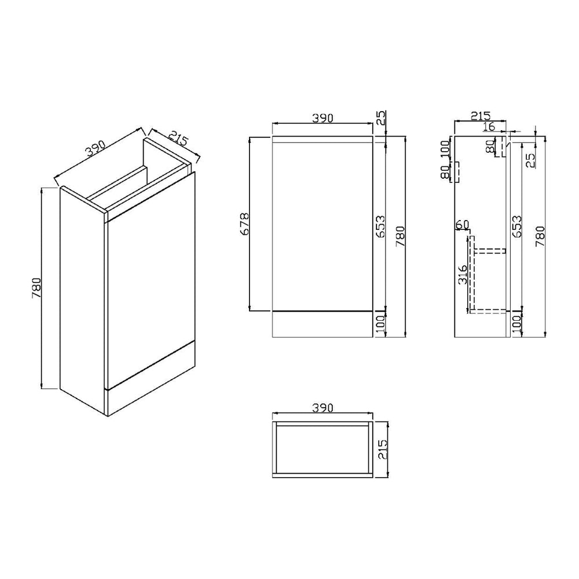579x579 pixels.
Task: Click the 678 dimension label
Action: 245,223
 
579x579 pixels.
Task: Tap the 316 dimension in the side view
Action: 462,274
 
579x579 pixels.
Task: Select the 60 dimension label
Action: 462,224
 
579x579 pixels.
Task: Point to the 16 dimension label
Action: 489,126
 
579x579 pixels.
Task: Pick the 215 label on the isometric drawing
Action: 179,138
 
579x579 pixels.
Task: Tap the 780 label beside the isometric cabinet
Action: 36,288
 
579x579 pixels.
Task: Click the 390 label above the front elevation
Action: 323,118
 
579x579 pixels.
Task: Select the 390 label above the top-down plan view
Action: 323,407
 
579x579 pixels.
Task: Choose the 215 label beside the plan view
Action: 383,449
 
